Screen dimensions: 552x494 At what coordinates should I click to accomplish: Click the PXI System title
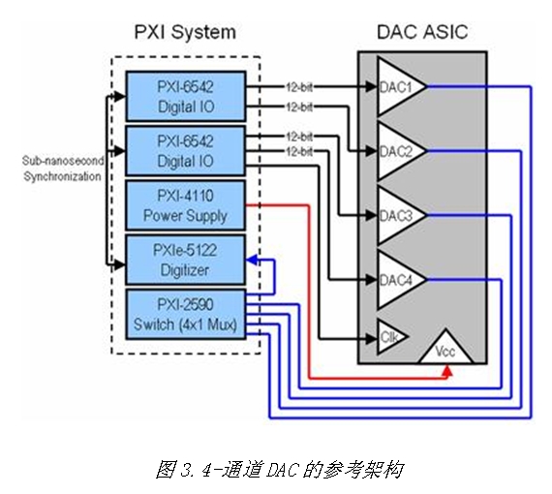click(185, 32)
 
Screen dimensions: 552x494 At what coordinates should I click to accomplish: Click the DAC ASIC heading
click(422, 32)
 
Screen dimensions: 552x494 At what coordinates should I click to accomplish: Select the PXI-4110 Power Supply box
click(186, 205)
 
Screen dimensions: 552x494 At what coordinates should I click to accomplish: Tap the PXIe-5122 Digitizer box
click(186, 261)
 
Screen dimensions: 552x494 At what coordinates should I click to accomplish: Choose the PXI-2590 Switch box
click(186, 315)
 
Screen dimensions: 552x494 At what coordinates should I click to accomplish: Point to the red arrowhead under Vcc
click(447, 370)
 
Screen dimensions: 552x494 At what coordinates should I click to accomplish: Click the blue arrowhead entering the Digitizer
click(252, 261)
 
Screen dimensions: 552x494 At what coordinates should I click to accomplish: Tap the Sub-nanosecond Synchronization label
click(63, 169)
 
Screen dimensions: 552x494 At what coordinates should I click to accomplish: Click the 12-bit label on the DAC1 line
click(299, 86)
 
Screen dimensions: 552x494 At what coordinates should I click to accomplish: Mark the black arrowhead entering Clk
click(371, 339)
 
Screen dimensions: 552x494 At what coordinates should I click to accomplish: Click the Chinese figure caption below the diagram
click(279, 470)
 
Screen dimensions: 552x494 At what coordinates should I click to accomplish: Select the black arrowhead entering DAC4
click(371, 280)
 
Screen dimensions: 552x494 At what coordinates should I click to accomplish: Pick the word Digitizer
click(185, 270)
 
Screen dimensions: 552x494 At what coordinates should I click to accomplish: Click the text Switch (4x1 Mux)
click(185, 324)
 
